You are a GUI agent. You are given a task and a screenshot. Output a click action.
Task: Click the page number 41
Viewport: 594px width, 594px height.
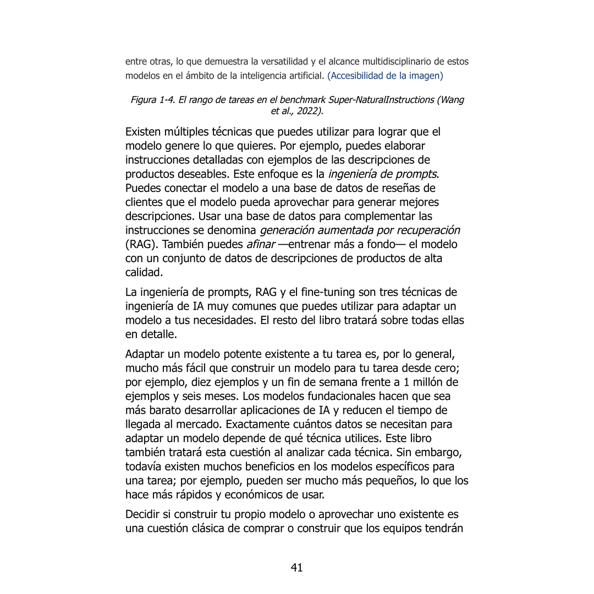[297, 568]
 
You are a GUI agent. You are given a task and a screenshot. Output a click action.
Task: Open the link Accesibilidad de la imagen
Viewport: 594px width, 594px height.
[385, 75]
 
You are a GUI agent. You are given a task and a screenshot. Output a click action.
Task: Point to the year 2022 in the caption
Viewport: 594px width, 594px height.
[310, 111]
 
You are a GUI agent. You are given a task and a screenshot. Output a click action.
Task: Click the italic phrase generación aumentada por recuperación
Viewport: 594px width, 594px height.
[360, 230]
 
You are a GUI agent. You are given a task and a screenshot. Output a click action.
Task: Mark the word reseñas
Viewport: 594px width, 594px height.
[408, 187]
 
